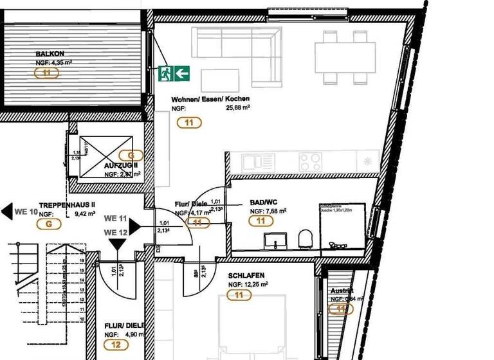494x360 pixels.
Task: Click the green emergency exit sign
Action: pos(174,73)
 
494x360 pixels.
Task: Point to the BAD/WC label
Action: pos(263,201)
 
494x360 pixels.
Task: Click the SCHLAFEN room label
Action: pos(246,274)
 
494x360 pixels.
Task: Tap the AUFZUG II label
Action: pos(121,165)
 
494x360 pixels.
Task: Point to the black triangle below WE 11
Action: pos(116,244)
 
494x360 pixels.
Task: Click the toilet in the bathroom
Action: pos(306,240)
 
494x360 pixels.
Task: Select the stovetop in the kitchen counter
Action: pos(311,159)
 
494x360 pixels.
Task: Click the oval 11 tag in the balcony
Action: pos(47,73)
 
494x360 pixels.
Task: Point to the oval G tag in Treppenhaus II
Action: pos(49,224)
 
